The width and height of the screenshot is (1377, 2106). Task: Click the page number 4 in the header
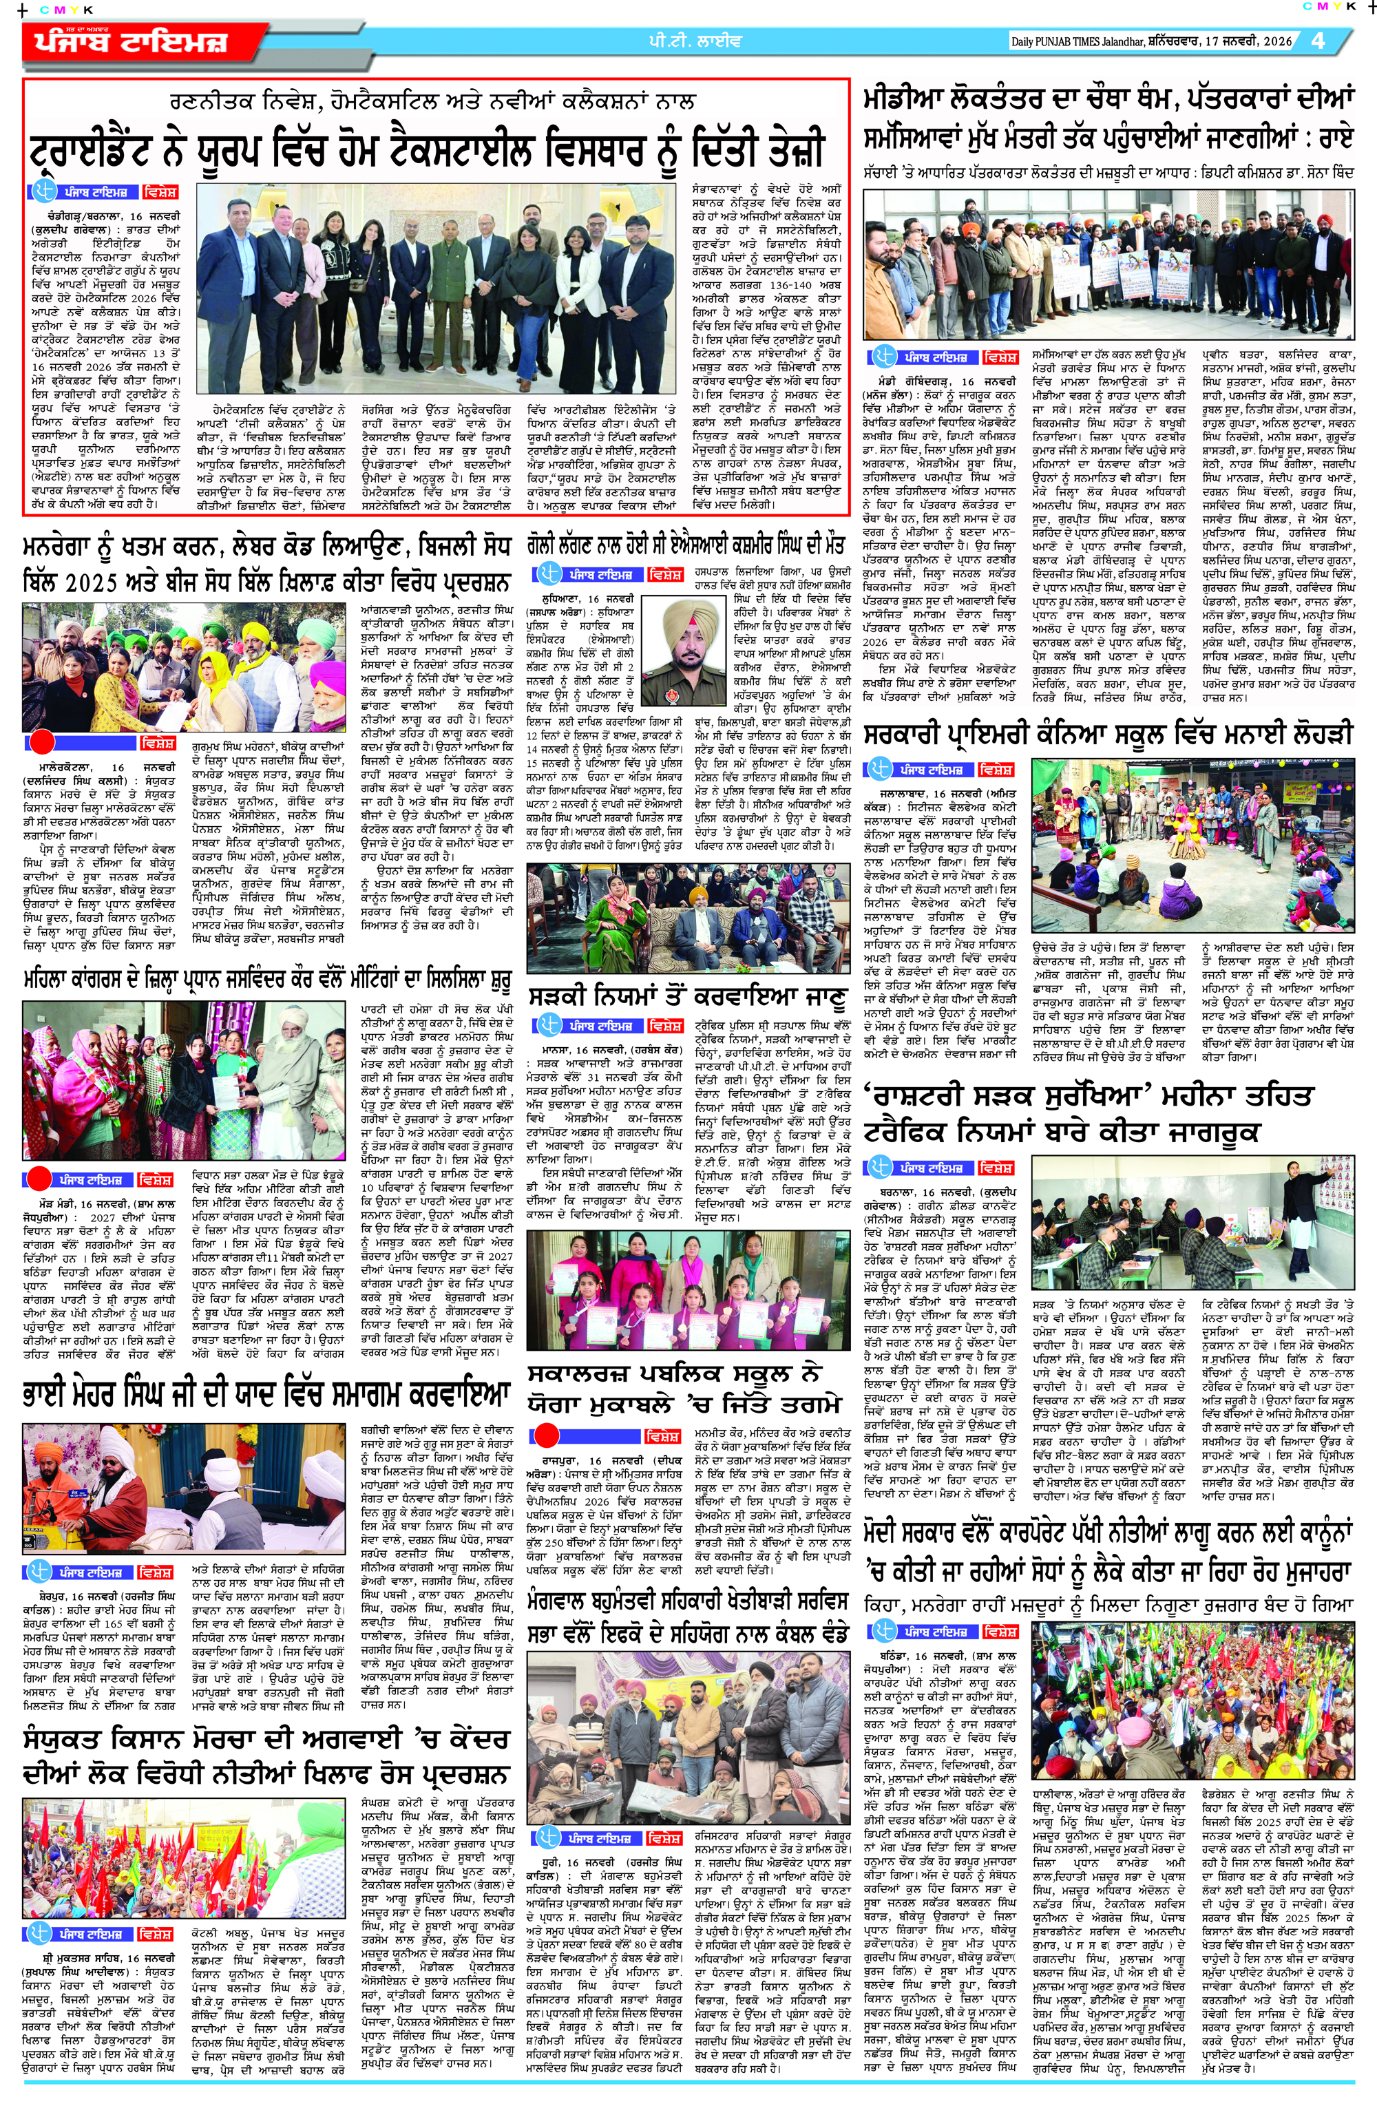1318,41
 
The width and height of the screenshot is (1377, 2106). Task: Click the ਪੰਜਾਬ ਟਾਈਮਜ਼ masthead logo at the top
132,41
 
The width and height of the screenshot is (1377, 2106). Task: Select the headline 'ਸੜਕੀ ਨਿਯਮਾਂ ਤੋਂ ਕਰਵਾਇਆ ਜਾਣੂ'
686,998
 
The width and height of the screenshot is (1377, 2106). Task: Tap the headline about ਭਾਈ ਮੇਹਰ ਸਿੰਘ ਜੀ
266,1392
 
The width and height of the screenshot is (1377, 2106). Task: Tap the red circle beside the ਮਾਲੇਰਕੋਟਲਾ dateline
43,742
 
